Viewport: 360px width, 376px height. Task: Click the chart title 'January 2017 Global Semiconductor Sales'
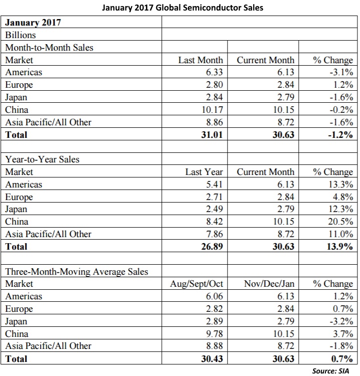click(x=183, y=8)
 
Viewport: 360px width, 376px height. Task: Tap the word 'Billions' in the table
click(x=21, y=35)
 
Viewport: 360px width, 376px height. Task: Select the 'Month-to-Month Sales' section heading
click(x=49, y=48)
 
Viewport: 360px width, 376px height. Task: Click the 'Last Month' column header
click(x=201, y=60)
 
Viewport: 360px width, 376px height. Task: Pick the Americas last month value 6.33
click(x=214, y=72)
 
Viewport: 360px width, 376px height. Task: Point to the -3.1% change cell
click(x=341, y=72)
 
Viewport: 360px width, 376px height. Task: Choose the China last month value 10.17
click(x=212, y=110)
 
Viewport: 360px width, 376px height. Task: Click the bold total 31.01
click(x=212, y=134)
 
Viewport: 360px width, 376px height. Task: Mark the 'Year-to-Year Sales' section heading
click(x=42, y=159)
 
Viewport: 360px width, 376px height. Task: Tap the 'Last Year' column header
click(x=204, y=172)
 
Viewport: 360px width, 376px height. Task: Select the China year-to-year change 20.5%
click(x=340, y=221)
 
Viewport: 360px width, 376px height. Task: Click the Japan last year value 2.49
click(x=214, y=209)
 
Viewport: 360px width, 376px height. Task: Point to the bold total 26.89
click(x=212, y=247)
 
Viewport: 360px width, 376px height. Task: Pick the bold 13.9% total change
click(x=340, y=247)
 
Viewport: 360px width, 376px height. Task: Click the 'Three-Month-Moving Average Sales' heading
click(x=77, y=271)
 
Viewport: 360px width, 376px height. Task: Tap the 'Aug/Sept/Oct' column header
click(x=197, y=284)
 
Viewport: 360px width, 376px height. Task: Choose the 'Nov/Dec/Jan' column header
click(x=269, y=284)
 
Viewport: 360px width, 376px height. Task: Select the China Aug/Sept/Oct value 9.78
click(x=214, y=333)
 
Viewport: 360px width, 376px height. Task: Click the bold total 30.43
click(x=212, y=359)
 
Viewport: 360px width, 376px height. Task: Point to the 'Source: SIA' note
click(x=330, y=371)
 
